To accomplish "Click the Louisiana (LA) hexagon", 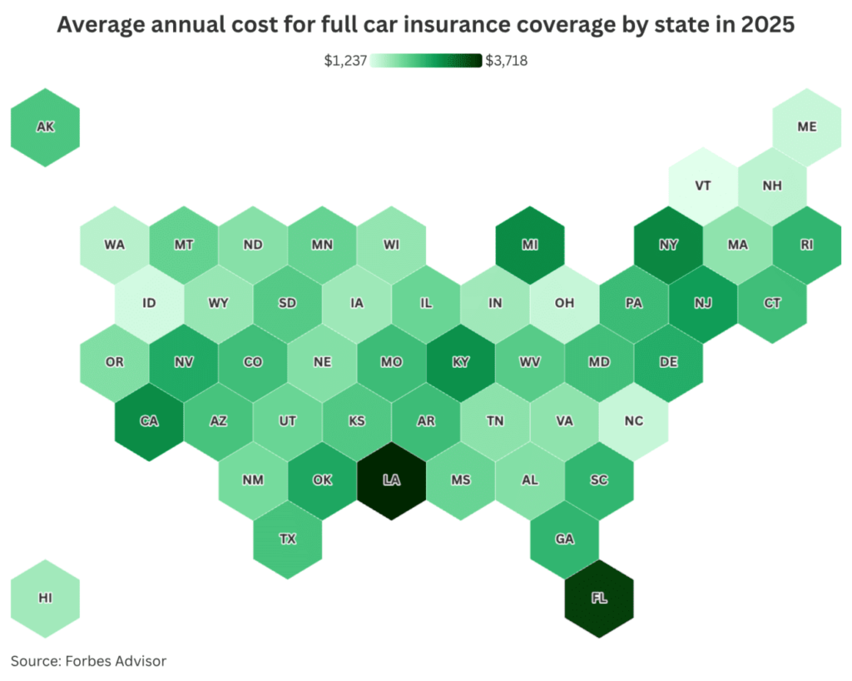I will pyautogui.click(x=391, y=480).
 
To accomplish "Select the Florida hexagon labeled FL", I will pyautogui.click(x=599, y=598).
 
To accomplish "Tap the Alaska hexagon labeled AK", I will pyautogui.click(x=45, y=127).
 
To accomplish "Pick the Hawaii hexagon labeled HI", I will pyautogui.click(x=45, y=598).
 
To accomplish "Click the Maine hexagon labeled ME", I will pyautogui.click(x=806, y=127).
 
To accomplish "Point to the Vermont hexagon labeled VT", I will pyautogui.click(x=703, y=186).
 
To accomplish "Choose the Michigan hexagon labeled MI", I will pyautogui.click(x=529, y=245).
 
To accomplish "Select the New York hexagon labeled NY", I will pyautogui.click(x=668, y=245).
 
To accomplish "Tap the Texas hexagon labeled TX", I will pyautogui.click(x=287, y=539).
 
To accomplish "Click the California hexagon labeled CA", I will pyautogui.click(x=149, y=421).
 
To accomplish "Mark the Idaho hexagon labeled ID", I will pyautogui.click(x=149, y=303).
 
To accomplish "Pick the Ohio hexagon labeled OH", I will pyautogui.click(x=564, y=303).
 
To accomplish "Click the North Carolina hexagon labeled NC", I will pyautogui.click(x=634, y=421).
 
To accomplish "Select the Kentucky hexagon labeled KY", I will pyautogui.click(x=460, y=362).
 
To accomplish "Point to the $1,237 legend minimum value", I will pyautogui.click(x=346, y=61).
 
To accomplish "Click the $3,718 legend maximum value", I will pyautogui.click(x=506, y=61).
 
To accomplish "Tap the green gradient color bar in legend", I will pyautogui.click(x=426, y=61).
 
